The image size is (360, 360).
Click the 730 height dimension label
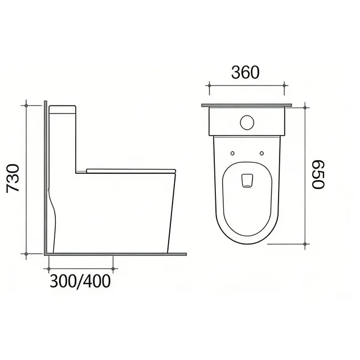pos(13,178)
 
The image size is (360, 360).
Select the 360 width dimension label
pos(245,72)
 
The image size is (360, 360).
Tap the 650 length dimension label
pos(318,174)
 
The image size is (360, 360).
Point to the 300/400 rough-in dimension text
pos(80,281)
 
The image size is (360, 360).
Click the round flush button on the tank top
pos(247,122)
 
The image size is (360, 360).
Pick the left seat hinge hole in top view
pos(232,153)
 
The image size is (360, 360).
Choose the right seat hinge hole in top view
pos(261,153)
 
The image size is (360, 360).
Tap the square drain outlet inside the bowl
pos(247,181)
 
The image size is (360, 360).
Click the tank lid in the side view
pos(63,109)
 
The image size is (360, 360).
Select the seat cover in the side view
pos(131,171)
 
